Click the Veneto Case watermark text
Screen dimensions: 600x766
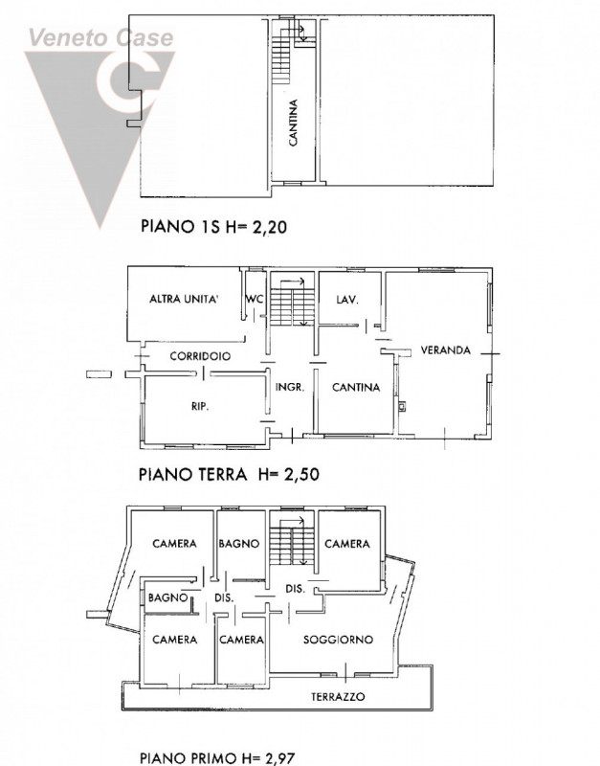(x=101, y=37)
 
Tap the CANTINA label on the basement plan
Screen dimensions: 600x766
(x=293, y=123)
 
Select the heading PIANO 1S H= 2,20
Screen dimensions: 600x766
(x=213, y=226)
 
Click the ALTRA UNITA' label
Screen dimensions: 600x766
(x=184, y=299)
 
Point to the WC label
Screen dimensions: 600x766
(x=255, y=299)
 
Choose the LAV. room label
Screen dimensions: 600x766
(x=347, y=300)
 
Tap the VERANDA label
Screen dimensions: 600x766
(x=445, y=350)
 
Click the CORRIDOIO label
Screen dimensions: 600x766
(x=200, y=356)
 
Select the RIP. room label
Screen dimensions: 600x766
(x=200, y=405)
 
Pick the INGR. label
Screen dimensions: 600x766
(x=290, y=388)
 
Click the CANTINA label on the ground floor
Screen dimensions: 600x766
(x=356, y=388)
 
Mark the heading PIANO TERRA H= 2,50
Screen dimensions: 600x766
(x=229, y=474)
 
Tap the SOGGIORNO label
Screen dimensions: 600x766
(x=338, y=640)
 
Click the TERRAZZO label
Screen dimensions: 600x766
(x=338, y=697)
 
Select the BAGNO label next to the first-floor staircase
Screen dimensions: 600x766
(x=238, y=544)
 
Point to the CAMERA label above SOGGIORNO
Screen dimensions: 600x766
(x=347, y=544)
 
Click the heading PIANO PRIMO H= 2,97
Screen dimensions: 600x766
(x=217, y=757)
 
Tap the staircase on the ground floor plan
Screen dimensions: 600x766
(x=292, y=304)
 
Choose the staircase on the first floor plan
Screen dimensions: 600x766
(x=292, y=541)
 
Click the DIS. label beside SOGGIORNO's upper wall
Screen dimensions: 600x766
(x=296, y=589)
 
